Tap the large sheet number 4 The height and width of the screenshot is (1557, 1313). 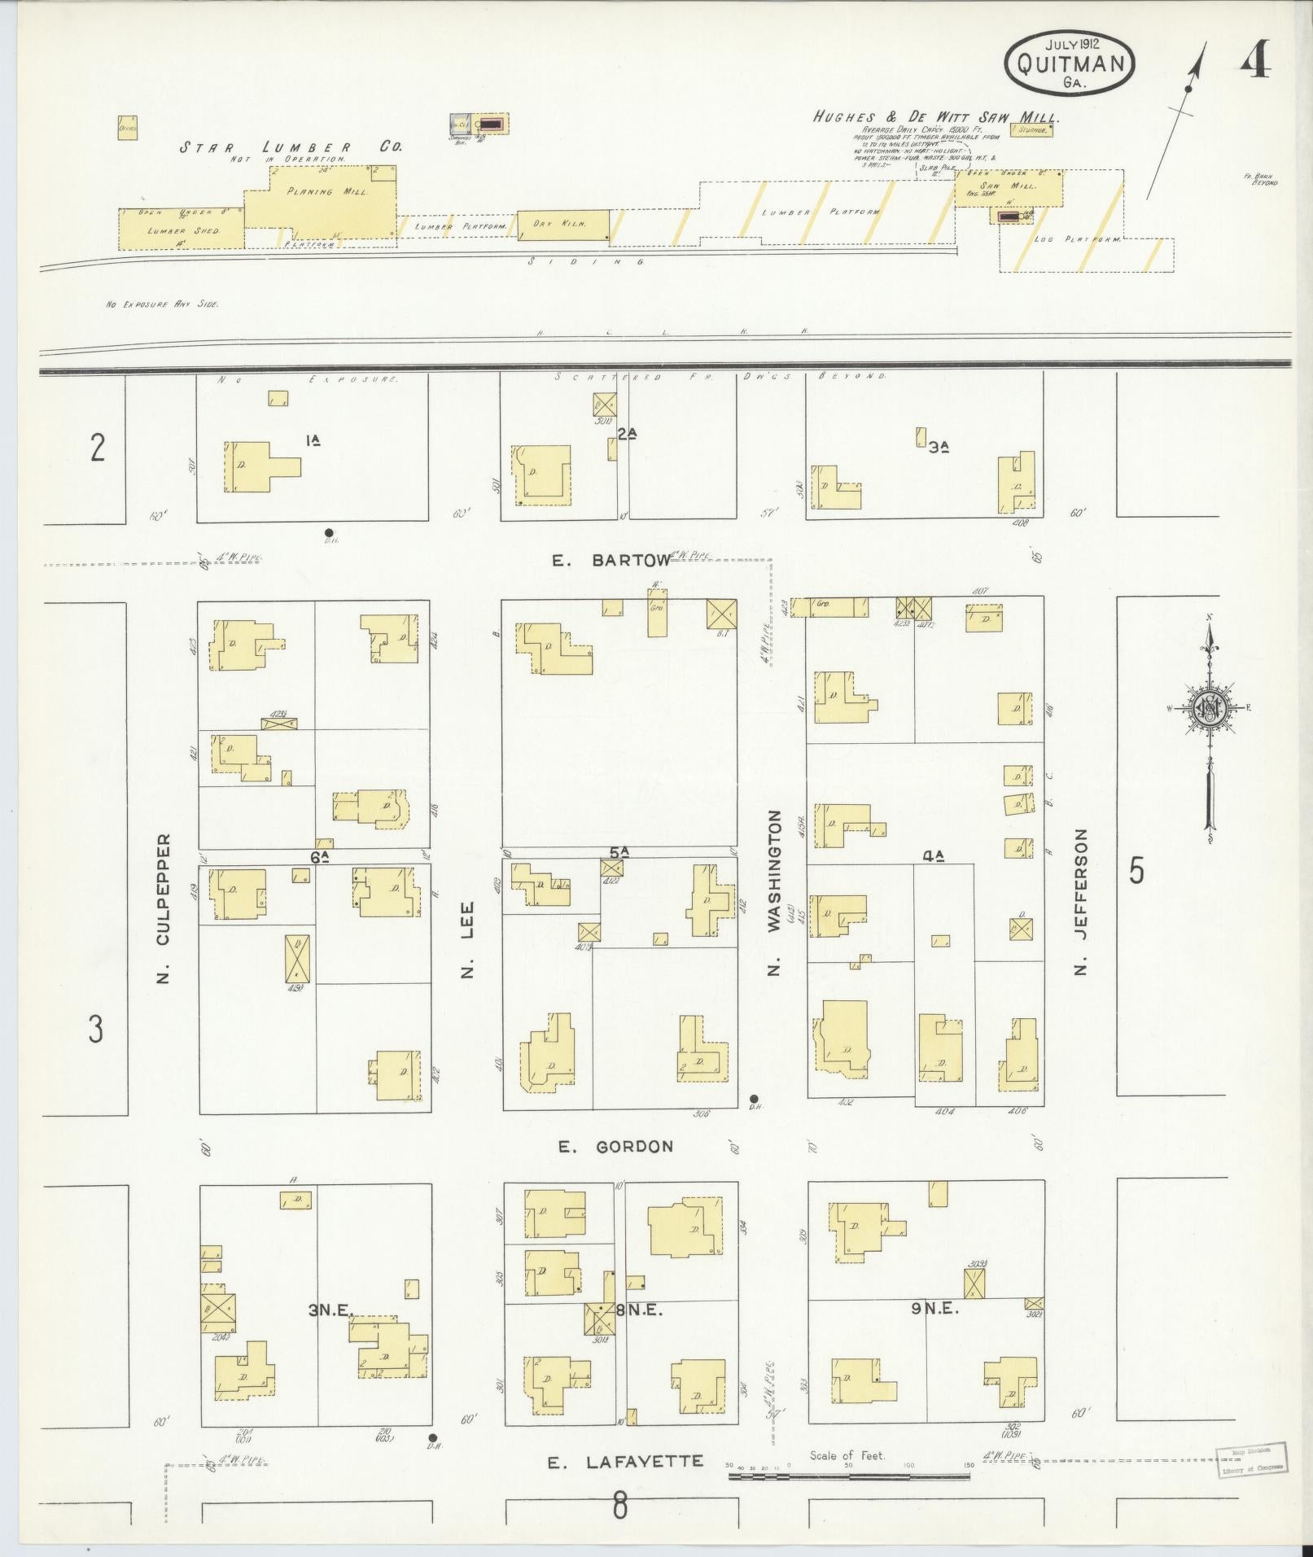click(x=1256, y=59)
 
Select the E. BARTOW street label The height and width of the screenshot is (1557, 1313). click(x=611, y=560)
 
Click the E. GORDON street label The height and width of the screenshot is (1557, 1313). click(x=616, y=1146)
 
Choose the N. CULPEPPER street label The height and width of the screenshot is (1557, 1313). click(x=163, y=908)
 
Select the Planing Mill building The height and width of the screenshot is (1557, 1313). click(x=319, y=195)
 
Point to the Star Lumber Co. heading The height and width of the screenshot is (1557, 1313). click(x=291, y=147)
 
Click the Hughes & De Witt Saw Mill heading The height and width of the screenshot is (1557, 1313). click(x=936, y=117)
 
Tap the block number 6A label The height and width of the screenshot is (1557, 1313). click(x=319, y=856)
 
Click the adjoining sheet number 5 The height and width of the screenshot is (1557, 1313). click(x=1136, y=872)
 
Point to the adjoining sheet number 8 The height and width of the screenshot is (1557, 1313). click(x=620, y=1507)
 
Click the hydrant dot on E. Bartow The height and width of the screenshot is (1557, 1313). click(x=329, y=533)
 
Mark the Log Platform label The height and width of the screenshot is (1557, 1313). click(x=1077, y=240)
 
